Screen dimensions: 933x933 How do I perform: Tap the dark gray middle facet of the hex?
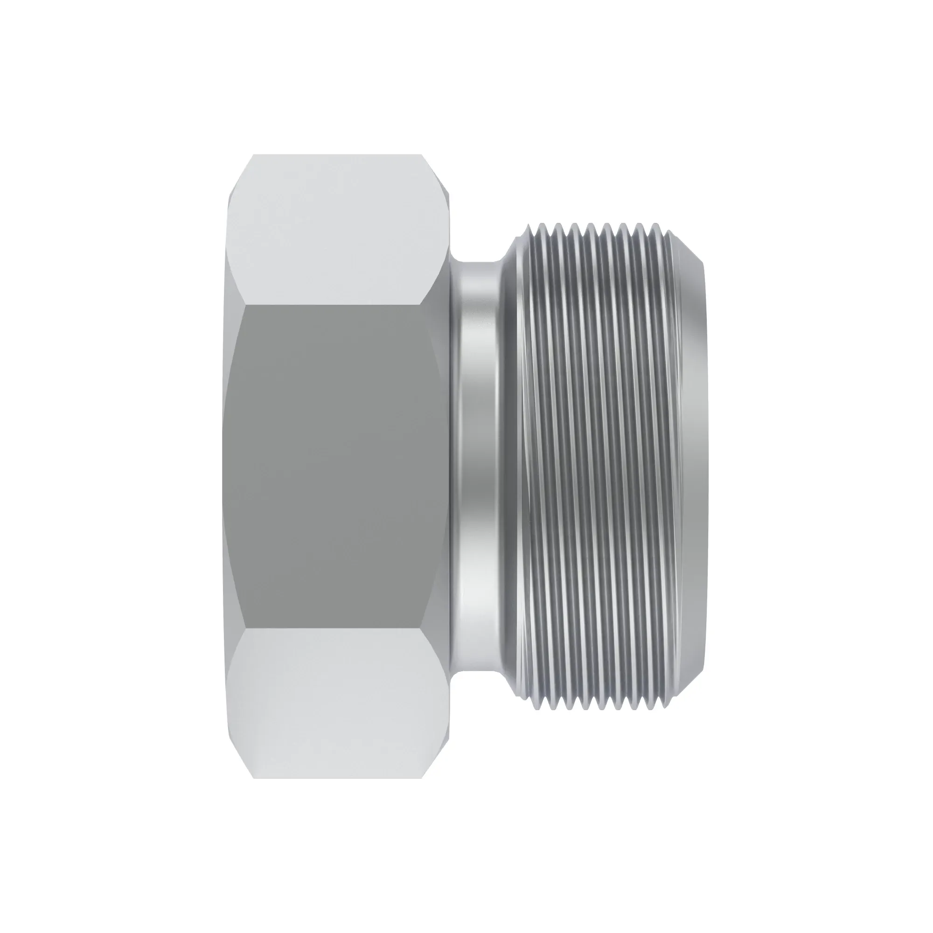click(333, 466)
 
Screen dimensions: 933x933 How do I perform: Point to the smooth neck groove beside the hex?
click(478, 466)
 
